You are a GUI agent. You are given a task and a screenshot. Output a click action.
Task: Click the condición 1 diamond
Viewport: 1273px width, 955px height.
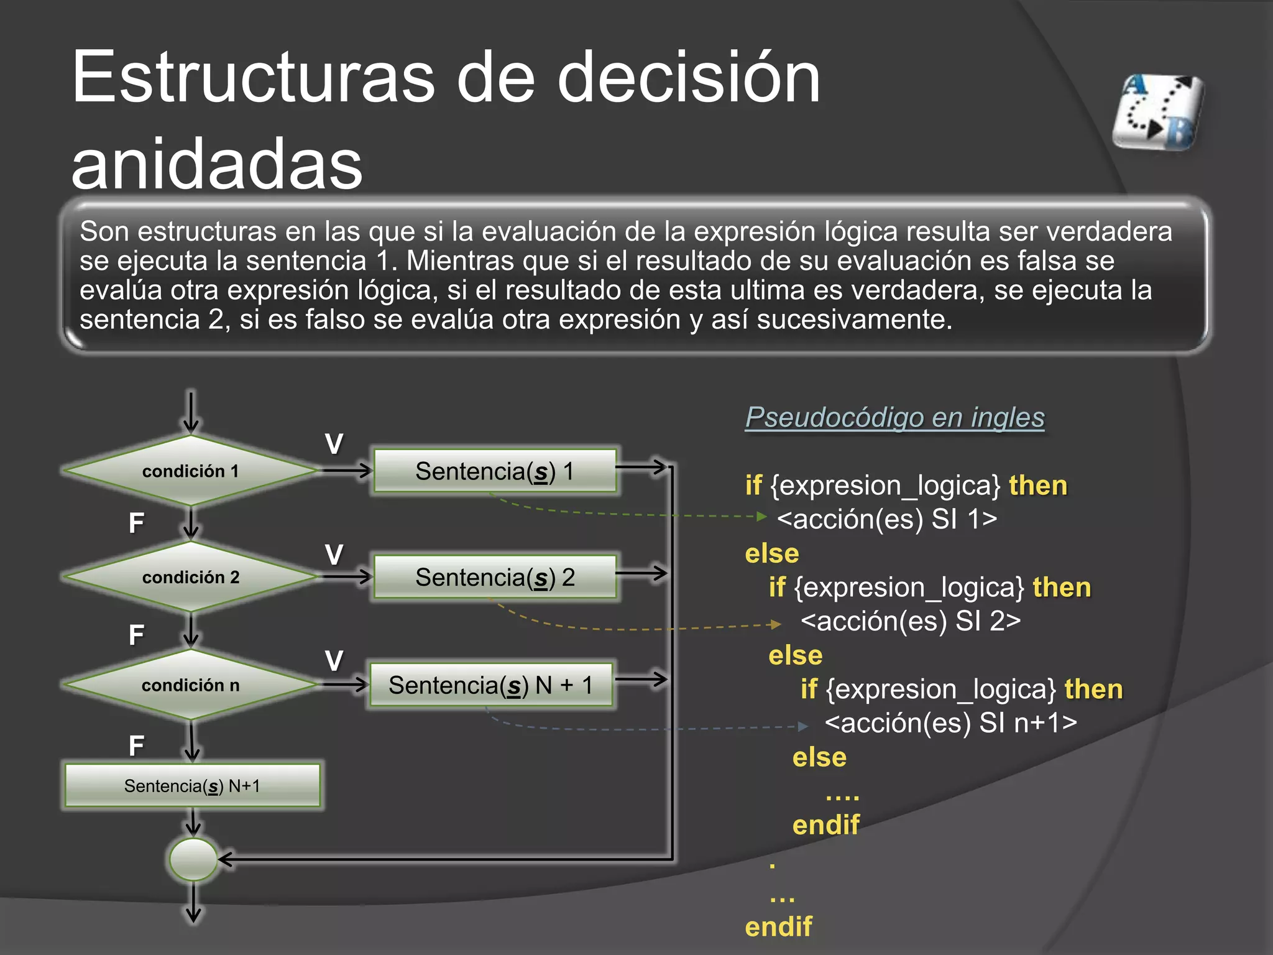190,471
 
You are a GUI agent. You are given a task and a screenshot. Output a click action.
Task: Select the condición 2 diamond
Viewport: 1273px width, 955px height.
190,577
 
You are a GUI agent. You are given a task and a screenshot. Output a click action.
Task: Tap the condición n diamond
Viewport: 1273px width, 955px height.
190,685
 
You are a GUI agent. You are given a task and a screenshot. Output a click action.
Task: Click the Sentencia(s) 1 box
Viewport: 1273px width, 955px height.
495,471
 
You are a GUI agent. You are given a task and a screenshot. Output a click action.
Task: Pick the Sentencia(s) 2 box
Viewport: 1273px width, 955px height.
495,578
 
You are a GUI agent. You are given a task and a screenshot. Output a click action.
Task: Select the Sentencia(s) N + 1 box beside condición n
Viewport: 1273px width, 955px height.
490,685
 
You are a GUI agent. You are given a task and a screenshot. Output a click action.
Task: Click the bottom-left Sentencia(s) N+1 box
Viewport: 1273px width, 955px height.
192,786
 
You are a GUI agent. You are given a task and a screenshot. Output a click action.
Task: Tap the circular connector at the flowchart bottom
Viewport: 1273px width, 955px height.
193,859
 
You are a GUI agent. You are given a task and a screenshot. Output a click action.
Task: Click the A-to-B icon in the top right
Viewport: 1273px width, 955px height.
1158,113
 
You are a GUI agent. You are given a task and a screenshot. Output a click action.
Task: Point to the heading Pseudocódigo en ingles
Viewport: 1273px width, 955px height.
894,418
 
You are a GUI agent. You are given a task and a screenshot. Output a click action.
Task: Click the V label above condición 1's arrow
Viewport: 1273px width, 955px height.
334,444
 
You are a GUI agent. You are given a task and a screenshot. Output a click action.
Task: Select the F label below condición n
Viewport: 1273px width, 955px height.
136,745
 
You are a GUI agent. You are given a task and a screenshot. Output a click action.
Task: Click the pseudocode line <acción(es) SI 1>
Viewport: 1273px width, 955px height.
887,519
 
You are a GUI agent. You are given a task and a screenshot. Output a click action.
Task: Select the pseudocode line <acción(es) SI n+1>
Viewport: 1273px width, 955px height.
950,722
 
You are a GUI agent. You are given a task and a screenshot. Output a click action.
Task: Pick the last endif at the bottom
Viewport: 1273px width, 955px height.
778,926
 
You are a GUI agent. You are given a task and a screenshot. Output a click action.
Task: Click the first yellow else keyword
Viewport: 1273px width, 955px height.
772,553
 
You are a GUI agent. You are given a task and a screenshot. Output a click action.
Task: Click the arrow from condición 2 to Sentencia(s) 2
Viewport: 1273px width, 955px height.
346,577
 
